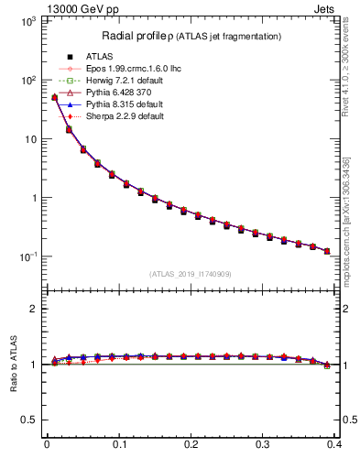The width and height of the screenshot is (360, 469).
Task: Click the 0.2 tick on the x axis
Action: coord(191,445)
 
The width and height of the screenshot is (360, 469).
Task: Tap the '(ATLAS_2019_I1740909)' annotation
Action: coord(191,273)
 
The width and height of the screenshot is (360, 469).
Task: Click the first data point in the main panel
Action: coord(54,97)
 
